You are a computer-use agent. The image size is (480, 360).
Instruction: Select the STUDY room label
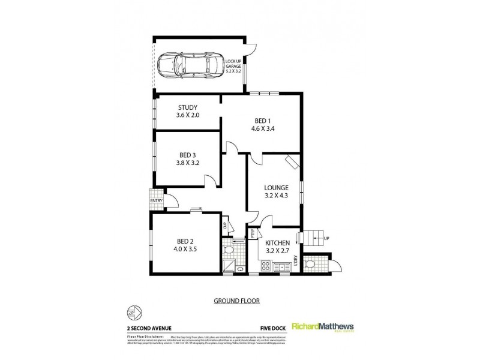[x=187, y=108]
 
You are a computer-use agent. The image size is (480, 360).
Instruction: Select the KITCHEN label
[x=278, y=243]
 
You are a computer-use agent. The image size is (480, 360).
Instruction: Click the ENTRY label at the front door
[x=156, y=201]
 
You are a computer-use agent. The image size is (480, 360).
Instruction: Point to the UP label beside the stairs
[x=326, y=238]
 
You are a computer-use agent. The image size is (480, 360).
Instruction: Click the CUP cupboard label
[x=225, y=226]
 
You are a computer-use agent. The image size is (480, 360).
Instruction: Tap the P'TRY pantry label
[x=253, y=233]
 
